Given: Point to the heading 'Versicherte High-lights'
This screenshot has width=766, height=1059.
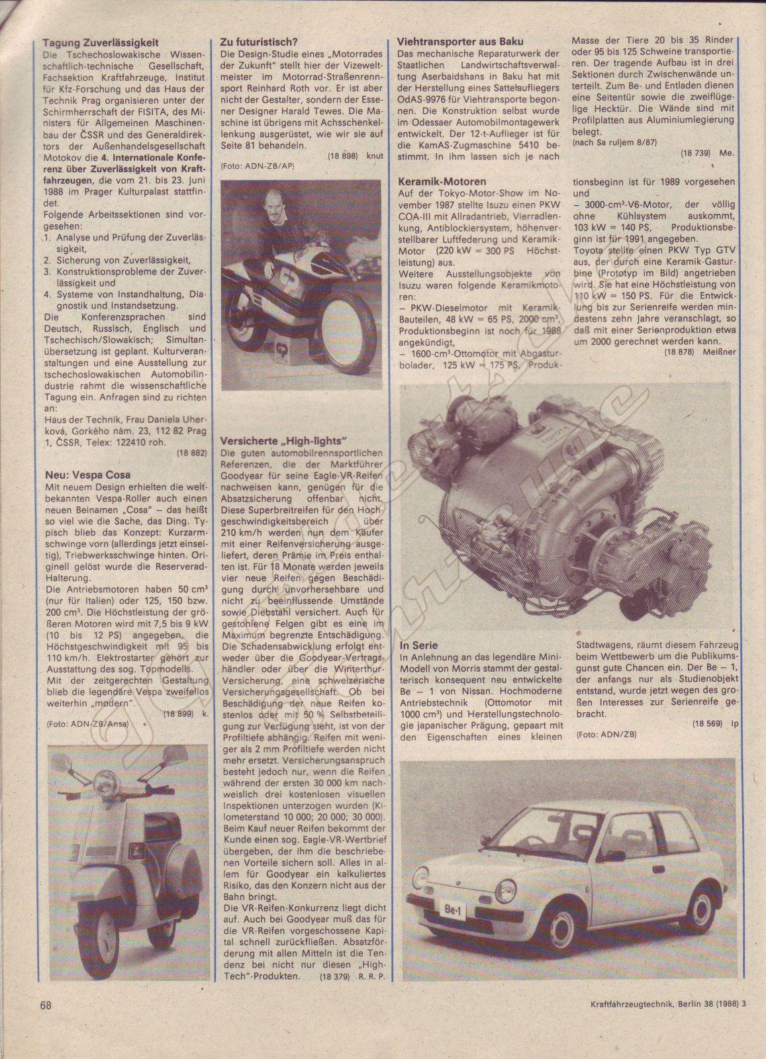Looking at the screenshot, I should click(x=285, y=441).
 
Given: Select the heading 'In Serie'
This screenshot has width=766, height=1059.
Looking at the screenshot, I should click(x=418, y=645).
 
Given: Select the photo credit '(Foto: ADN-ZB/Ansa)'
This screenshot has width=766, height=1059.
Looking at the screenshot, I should click(x=88, y=724).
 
